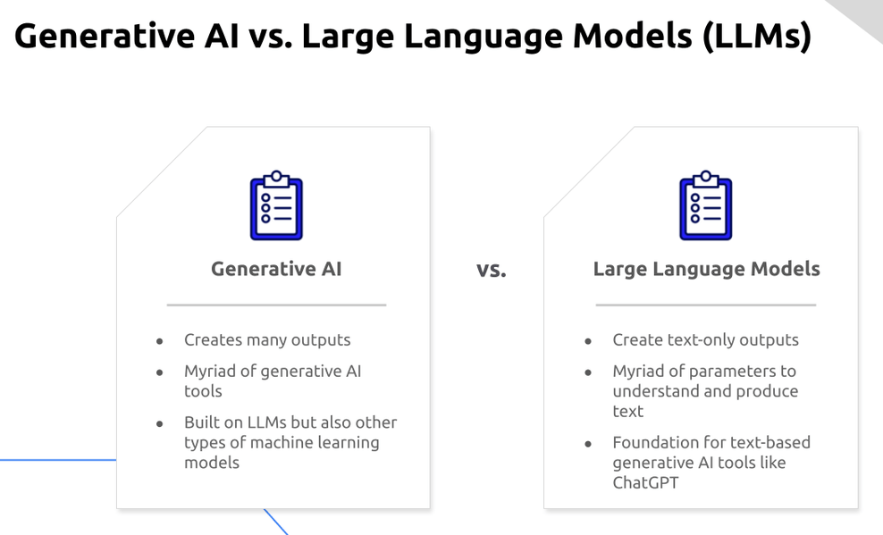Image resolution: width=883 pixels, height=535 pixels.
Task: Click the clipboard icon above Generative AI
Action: click(x=275, y=206)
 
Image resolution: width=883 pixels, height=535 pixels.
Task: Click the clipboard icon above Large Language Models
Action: click(x=705, y=206)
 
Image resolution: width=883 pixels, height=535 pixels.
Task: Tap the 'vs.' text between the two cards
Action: click(x=491, y=270)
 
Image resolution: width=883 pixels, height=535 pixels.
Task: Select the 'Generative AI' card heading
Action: click(x=276, y=269)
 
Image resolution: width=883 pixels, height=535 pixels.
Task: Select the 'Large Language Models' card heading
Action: click(x=706, y=269)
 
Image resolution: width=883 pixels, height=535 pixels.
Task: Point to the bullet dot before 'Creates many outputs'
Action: click(x=160, y=341)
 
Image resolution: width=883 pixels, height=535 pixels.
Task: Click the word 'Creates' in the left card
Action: click(x=212, y=340)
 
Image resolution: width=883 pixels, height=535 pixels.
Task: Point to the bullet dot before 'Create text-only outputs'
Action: click(x=588, y=341)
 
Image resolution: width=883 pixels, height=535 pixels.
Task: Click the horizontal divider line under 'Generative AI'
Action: click(x=276, y=305)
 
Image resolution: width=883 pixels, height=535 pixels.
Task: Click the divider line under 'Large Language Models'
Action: click(x=705, y=305)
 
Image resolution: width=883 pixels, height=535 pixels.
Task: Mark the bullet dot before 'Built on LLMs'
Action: click(x=160, y=423)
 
